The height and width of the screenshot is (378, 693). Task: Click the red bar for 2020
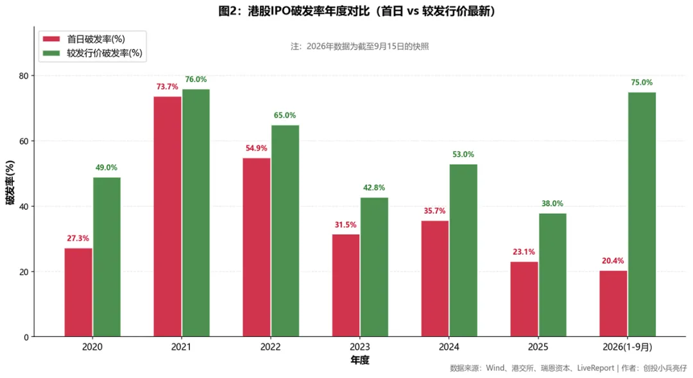pyautogui.click(x=78, y=292)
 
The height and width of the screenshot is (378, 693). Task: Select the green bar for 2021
pyautogui.click(x=196, y=213)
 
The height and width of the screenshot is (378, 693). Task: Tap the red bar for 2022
pyautogui.click(x=256, y=248)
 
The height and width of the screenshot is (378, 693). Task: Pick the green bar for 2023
pyautogui.click(x=374, y=267)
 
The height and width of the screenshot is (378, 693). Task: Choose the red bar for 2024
pyautogui.click(x=435, y=279)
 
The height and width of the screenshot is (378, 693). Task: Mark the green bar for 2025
pyautogui.click(x=552, y=275)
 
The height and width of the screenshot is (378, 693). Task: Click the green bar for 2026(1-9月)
pyautogui.click(x=642, y=214)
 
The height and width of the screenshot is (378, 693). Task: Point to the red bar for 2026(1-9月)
pyautogui.click(x=613, y=304)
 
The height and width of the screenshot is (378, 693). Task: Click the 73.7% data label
pyautogui.click(x=167, y=87)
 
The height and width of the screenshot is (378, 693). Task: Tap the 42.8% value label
pyautogui.click(x=374, y=187)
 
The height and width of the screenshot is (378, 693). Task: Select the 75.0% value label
pyautogui.click(x=642, y=82)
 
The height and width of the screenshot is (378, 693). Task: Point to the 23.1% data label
pyautogui.click(x=524, y=252)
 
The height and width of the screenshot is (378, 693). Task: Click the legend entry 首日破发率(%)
pyautogui.click(x=84, y=39)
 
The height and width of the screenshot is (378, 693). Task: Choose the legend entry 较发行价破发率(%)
pyautogui.click(x=92, y=53)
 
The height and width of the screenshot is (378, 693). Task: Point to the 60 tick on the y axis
pyautogui.click(x=24, y=141)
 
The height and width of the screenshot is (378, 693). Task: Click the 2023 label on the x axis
pyautogui.click(x=360, y=347)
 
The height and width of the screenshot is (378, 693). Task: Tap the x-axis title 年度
pyautogui.click(x=360, y=360)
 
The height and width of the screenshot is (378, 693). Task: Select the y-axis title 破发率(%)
pyautogui.click(x=10, y=183)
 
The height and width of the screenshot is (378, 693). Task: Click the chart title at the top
pyautogui.click(x=357, y=11)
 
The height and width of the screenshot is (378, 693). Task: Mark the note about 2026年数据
pyautogui.click(x=360, y=46)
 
